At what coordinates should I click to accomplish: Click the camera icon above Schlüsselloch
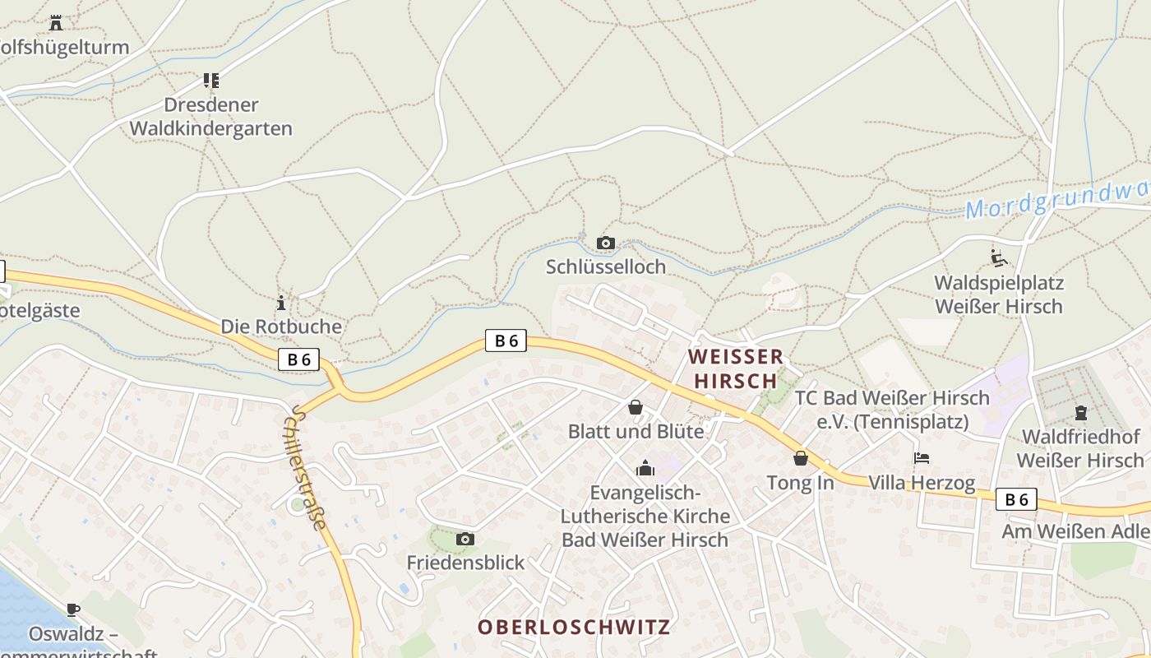[x=606, y=243]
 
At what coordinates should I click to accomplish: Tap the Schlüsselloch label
[x=606, y=267]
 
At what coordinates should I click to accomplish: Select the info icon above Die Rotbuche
[x=281, y=303]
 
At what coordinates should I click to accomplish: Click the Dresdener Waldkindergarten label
[x=211, y=117]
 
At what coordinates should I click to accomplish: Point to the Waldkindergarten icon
[x=211, y=81]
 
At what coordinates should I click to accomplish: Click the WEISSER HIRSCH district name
[x=736, y=368]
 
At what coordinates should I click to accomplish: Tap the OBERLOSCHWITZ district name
[x=574, y=627]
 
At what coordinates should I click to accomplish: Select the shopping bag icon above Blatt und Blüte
[x=636, y=407]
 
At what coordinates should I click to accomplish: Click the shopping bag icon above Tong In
[x=800, y=458]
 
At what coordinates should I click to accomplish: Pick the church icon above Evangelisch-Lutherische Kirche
[x=645, y=468]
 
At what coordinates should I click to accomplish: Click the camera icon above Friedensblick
[x=465, y=539]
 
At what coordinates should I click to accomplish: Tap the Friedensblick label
[x=465, y=563]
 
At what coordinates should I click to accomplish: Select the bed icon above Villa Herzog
[x=922, y=458]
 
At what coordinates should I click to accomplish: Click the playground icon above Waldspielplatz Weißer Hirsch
[x=999, y=258]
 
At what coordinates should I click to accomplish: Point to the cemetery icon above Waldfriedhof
[x=1081, y=412]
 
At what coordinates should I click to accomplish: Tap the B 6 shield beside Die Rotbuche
[x=298, y=359]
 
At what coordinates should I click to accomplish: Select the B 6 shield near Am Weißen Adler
[x=1016, y=499]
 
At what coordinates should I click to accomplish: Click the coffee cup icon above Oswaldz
[x=73, y=609]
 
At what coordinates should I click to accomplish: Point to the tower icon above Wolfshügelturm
[x=56, y=22]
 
